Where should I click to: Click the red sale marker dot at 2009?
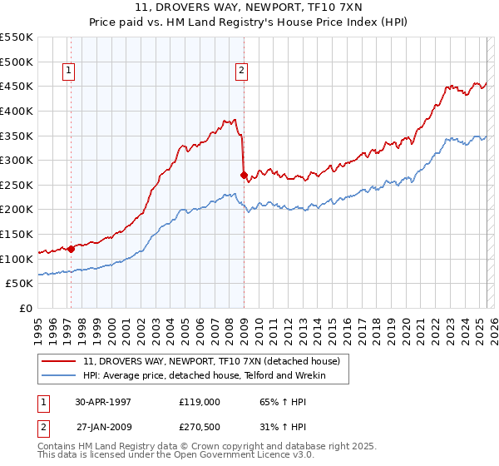click(244, 176)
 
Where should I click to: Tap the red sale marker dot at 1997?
click(72, 248)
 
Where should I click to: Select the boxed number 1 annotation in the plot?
click(67, 72)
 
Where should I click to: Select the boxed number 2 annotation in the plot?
click(240, 72)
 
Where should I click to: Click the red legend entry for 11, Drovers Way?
click(211, 361)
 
